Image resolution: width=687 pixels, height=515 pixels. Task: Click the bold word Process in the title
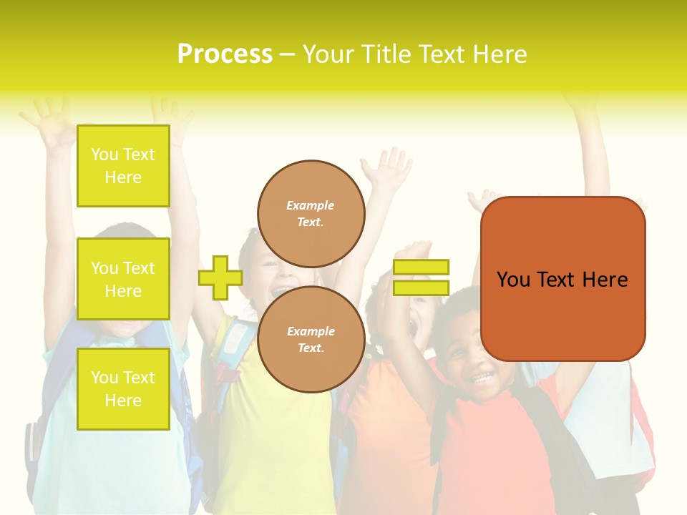(225, 54)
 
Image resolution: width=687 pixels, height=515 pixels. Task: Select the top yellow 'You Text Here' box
(123, 166)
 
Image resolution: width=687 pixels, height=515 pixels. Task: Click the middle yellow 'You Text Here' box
(123, 279)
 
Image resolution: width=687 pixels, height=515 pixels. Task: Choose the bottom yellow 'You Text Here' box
(123, 389)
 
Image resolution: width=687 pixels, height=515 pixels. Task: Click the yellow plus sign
(220, 278)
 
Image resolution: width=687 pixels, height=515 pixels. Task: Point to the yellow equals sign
(421, 278)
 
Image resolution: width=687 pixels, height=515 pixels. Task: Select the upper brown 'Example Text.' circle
(311, 213)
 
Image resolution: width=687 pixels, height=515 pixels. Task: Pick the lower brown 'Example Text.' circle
(311, 339)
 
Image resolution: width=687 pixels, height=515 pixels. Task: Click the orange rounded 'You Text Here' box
(562, 279)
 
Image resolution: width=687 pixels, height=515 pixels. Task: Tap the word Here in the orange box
(605, 280)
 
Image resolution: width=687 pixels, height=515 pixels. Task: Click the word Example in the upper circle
(311, 205)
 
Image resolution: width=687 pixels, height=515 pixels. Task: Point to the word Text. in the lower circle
(311, 348)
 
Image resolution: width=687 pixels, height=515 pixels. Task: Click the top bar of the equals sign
(421, 267)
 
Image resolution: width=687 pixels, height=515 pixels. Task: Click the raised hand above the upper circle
(386, 169)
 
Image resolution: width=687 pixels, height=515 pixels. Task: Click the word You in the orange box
(512, 280)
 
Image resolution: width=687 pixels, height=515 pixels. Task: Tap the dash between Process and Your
(288, 55)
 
